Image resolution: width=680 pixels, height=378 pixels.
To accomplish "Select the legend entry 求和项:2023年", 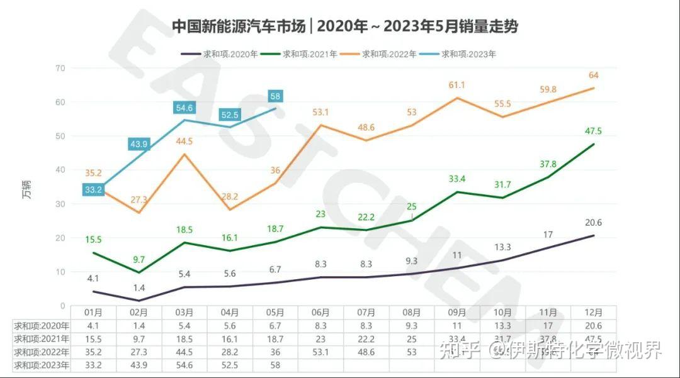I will pos(468,54).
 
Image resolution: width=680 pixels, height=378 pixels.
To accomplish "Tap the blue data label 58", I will pos(275,96).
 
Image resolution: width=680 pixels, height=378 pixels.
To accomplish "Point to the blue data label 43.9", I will pos(138,144).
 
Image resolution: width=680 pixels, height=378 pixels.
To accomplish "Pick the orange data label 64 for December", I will pos(593,75).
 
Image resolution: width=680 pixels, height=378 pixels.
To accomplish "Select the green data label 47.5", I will pos(593,131).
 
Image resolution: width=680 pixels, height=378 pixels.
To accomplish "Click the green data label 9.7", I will pos(139,258).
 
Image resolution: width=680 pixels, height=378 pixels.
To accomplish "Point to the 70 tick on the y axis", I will pos(60,68).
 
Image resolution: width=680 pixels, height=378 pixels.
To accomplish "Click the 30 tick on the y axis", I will pos(60,204).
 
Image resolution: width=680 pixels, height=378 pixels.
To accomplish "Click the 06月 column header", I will pos(321,313).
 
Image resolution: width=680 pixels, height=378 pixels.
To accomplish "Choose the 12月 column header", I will pos(593,313).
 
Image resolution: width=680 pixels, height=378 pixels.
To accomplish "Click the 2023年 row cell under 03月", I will pos(184,365).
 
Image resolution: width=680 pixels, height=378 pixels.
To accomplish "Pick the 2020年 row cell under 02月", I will pos(139,326).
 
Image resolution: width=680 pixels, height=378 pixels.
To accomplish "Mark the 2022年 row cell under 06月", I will pos(321,352).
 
